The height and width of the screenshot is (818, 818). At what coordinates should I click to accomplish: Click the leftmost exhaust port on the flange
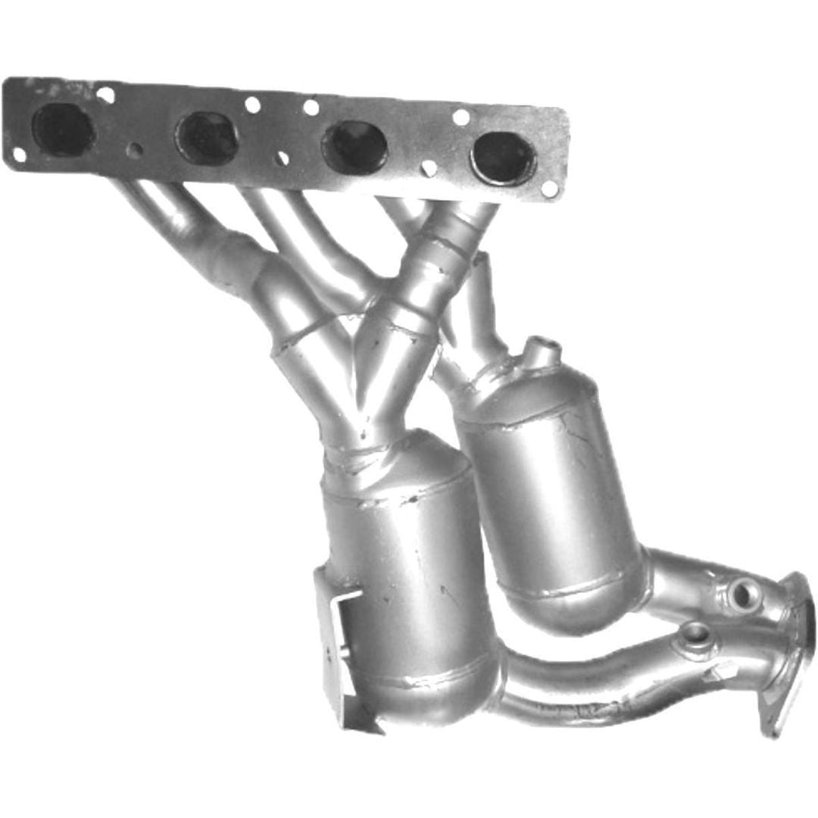tap(63, 130)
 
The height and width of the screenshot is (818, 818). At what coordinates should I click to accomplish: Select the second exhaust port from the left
tap(207, 138)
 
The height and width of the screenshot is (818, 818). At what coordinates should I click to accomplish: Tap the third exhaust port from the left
tap(354, 147)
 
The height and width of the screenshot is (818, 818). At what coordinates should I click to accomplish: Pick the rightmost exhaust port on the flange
tap(503, 158)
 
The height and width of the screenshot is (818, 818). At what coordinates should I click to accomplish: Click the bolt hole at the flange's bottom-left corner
tap(19, 155)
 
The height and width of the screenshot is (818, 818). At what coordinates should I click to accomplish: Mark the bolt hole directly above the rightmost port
tap(461, 117)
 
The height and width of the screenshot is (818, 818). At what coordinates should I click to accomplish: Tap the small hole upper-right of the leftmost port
tap(106, 95)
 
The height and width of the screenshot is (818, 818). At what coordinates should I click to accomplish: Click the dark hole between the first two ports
tap(134, 149)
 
